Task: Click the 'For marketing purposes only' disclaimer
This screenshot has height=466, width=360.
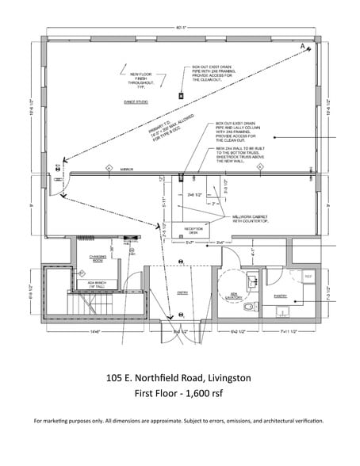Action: [x=179, y=421]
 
